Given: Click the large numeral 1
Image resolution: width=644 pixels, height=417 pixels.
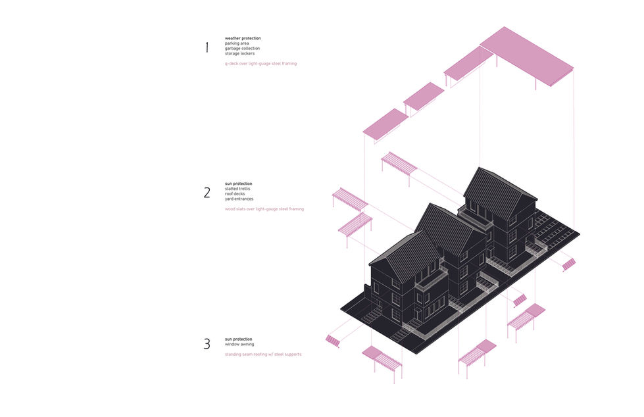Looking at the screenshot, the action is click(207, 47).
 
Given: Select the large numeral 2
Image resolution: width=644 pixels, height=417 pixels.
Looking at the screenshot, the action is click(207, 193).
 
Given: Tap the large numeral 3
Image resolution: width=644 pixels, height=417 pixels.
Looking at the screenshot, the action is click(207, 343).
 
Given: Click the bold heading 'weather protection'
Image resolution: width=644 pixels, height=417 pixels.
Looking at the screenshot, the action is click(243, 38).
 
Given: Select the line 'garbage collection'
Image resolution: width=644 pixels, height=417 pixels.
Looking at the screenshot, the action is click(242, 49).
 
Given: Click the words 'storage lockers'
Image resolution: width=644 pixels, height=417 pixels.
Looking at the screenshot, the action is click(239, 53).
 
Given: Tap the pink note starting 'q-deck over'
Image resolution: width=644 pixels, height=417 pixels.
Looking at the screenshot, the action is click(260, 64).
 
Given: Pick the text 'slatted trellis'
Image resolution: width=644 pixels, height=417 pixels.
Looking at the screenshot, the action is click(238, 189).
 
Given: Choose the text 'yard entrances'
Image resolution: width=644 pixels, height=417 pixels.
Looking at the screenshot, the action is click(239, 199).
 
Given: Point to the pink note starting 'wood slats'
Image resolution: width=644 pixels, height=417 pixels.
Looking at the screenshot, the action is click(264, 209).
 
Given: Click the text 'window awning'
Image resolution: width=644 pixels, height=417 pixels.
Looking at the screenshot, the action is click(239, 344).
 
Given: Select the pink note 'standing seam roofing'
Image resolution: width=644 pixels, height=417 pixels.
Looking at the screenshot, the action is click(263, 355).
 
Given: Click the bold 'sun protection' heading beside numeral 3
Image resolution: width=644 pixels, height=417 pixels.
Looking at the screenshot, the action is click(238, 339).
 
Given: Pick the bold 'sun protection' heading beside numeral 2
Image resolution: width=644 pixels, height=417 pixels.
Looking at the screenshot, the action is click(238, 184).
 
